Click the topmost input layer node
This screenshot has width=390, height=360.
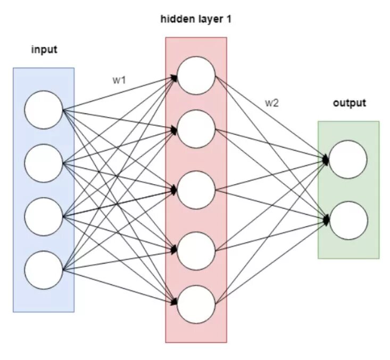(x=43, y=110)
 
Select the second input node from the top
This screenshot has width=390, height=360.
(x=43, y=163)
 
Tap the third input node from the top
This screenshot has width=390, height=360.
(x=43, y=216)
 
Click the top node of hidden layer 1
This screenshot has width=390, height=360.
(x=196, y=75)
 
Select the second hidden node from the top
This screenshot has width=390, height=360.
(x=196, y=128)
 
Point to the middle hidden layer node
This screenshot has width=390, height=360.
(x=196, y=190)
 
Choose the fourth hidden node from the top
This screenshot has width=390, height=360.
(x=196, y=250)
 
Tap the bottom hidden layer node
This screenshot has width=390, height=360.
(x=196, y=304)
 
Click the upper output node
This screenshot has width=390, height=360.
(x=348, y=159)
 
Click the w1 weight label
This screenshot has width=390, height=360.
(x=119, y=80)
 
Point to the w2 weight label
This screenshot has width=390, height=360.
(x=271, y=103)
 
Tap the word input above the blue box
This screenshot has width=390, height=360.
(x=44, y=50)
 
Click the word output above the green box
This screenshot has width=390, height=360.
(x=350, y=103)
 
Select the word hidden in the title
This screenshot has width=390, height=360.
(x=175, y=20)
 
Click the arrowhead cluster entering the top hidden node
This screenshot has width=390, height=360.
(x=174, y=78)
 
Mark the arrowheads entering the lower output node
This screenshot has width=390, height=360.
(x=326, y=218)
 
